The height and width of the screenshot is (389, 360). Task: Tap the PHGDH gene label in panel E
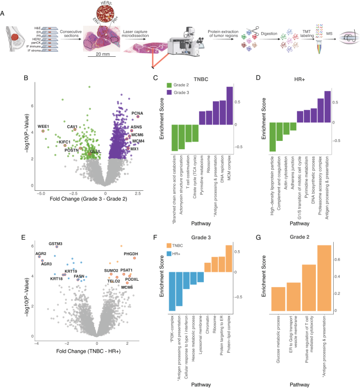pyautogui.click(x=131, y=254)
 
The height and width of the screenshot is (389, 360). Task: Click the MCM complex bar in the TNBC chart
pyautogui.click(x=229, y=106)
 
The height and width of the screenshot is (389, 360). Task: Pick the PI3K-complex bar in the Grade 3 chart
pyautogui.click(x=172, y=291)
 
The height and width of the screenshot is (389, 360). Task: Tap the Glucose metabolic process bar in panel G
pyautogui.click(x=278, y=299)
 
